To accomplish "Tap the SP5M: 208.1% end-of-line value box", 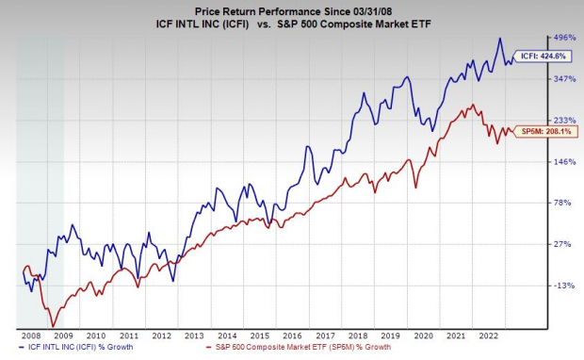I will pos(545,132).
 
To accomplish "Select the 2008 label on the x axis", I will pos(29,335).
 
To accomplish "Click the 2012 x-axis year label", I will pos(161,335).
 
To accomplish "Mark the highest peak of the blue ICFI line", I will pos(500,39).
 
